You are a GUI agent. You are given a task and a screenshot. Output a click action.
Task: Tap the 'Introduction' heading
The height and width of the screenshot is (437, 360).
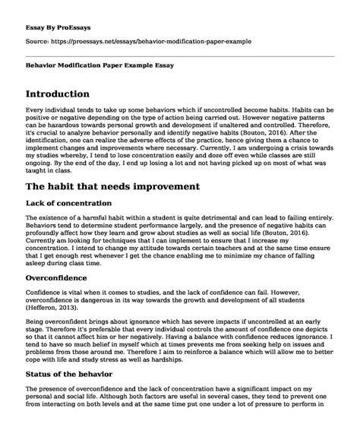66,96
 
